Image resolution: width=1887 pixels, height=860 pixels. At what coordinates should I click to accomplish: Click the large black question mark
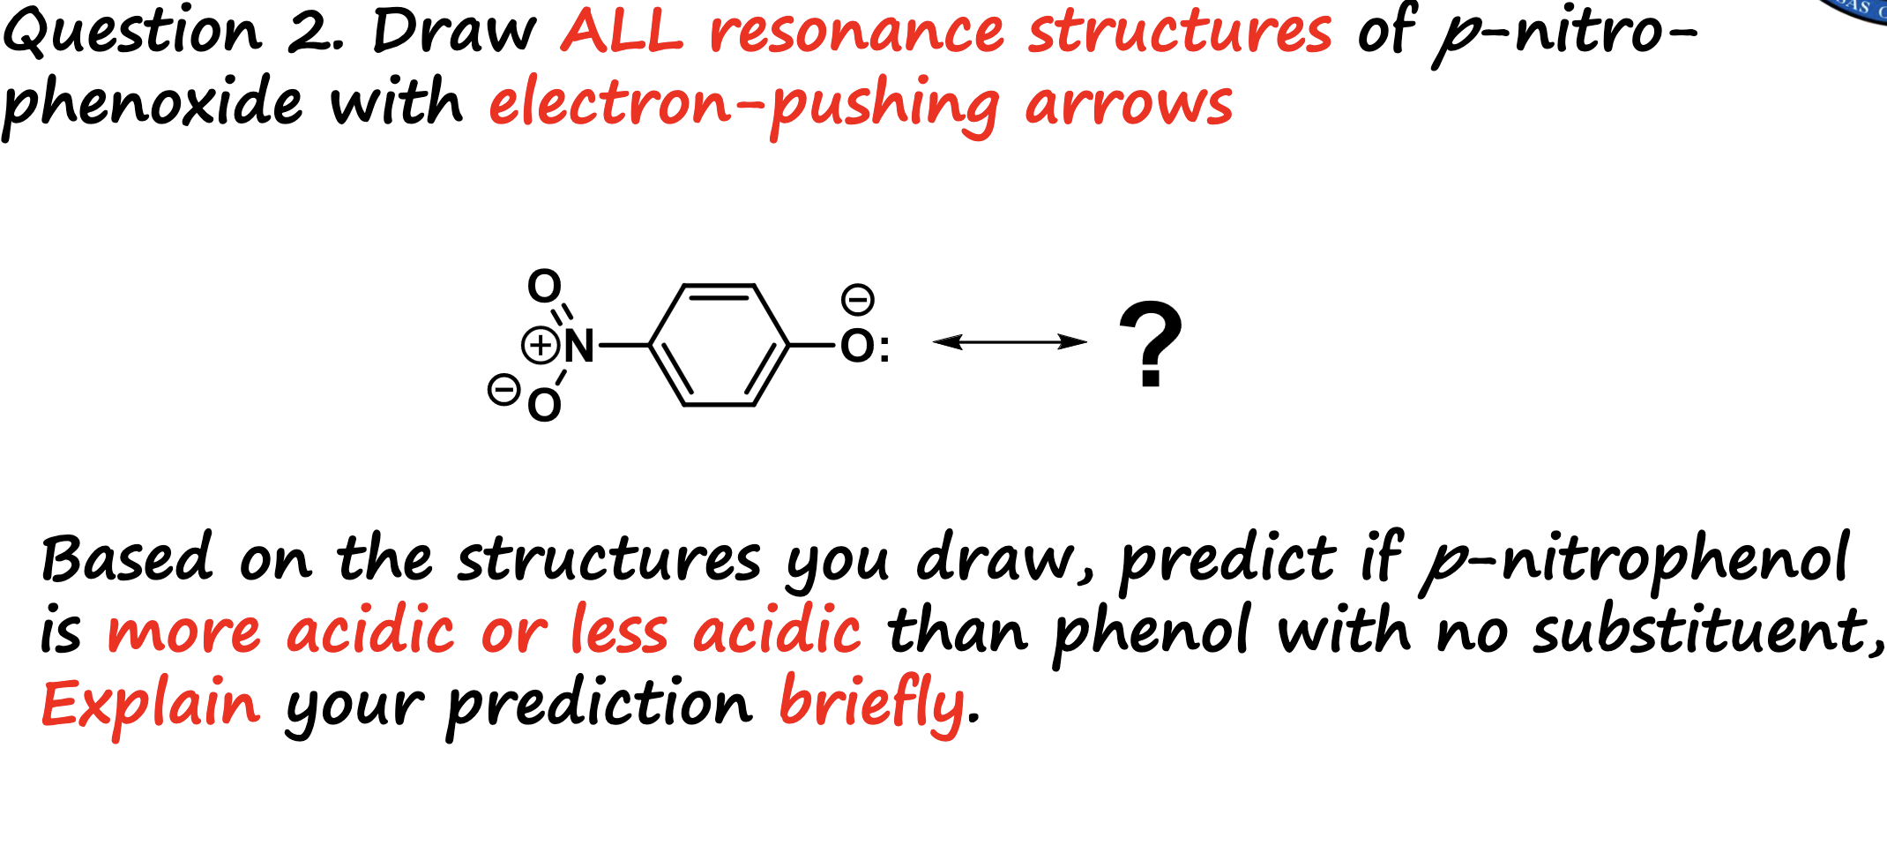pos(1150,344)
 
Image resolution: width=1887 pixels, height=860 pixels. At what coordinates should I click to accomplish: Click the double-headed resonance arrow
pos(1010,342)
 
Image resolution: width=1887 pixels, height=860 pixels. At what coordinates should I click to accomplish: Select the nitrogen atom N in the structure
pos(579,345)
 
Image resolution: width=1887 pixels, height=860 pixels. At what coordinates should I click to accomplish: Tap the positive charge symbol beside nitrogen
pos(540,345)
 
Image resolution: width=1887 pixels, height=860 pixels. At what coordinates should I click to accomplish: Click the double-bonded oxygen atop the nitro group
pos(544,286)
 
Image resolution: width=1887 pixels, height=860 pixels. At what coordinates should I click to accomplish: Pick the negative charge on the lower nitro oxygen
pos(503,389)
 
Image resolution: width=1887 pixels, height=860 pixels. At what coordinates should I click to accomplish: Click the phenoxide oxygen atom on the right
pos(857,346)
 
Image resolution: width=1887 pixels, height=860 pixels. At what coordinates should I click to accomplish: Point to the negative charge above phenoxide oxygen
pos(857,299)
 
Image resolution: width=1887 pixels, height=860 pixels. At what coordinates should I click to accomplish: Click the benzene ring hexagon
pos(719,345)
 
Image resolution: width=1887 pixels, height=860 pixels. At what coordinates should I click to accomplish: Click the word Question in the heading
pos(132,32)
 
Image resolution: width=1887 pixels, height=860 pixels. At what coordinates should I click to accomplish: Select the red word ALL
pos(622,32)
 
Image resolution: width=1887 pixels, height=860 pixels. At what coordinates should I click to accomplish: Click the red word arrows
pos(1129,104)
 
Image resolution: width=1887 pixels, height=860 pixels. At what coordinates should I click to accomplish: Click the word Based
pos(128,559)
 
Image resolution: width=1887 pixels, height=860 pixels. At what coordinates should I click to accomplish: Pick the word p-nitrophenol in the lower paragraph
pos(1636,559)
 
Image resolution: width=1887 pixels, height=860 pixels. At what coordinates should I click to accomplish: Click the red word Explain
pos(151,705)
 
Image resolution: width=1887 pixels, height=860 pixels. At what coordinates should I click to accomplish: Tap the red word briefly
pos(873,705)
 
